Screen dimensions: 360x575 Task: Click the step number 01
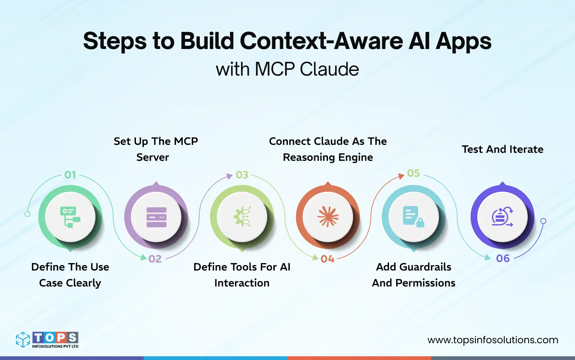pos(70,175)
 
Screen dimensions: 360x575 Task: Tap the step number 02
pos(155,259)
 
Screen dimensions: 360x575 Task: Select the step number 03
pos(242,175)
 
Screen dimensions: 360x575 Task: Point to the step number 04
pos(327,259)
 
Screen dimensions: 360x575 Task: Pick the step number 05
pos(414,173)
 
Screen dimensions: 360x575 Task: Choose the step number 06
pos(503,258)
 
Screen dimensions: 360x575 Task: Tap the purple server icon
pos(157,217)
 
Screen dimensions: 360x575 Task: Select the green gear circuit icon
pos(242,217)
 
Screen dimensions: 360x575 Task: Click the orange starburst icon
pos(328,217)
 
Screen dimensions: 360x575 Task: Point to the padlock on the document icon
pos(420,223)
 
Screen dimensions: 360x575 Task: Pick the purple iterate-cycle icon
pos(502,217)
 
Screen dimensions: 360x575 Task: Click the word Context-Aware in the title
pos(321,41)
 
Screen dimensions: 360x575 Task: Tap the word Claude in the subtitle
pos(329,69)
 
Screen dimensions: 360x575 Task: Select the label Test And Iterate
pos(502,149)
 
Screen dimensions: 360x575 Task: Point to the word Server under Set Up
pos(153,157)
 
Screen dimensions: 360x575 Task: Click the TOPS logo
pos(47,340)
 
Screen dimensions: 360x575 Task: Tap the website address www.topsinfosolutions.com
pos(493,340)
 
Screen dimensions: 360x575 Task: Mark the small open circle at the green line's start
pos(27,214)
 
